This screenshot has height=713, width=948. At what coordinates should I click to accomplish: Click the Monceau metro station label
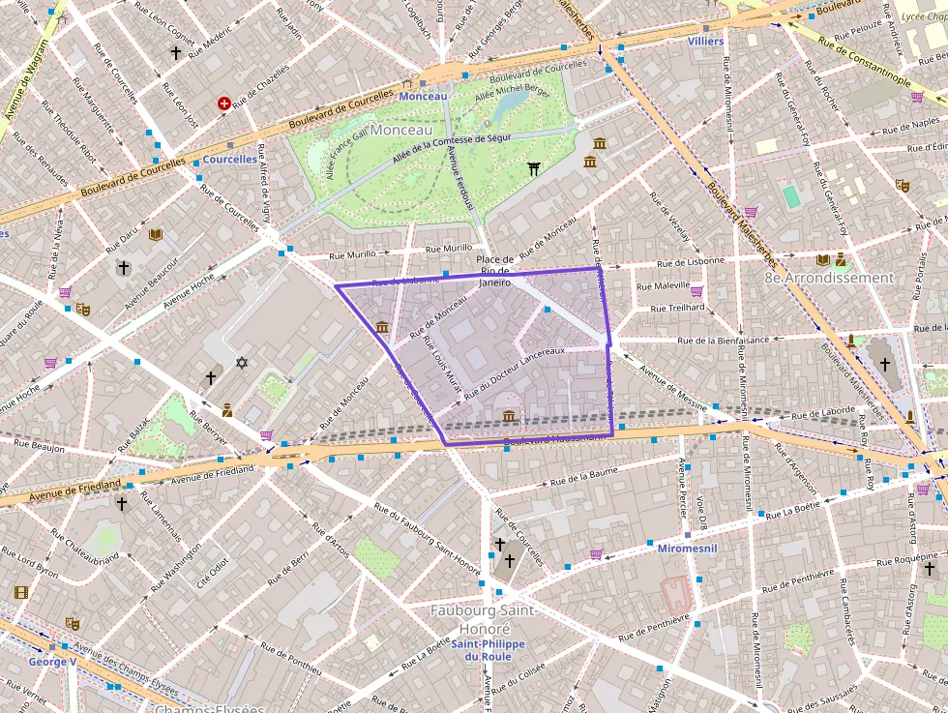point(423,97)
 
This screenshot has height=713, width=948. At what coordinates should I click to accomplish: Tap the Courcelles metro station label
point(229,160)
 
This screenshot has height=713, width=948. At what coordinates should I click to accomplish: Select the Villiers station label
point(705,42)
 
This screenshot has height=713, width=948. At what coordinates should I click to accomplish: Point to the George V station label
point(52,662)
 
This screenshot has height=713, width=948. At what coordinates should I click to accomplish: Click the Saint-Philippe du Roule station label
point(489,650)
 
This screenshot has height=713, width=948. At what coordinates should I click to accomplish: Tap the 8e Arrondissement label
point(829,278)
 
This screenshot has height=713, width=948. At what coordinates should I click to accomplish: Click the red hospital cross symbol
point(224,104)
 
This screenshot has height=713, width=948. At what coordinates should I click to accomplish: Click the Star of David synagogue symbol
point(242,363)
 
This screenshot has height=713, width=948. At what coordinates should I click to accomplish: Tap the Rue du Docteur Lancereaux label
point(514,371)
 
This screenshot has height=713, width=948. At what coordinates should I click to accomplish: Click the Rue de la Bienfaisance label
point(723,341)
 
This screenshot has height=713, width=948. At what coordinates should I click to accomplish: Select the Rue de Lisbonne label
point(691,261)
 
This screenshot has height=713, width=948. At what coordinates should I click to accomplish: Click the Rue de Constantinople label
point(864,58)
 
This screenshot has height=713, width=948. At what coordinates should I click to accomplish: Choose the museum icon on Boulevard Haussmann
point(508,416)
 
